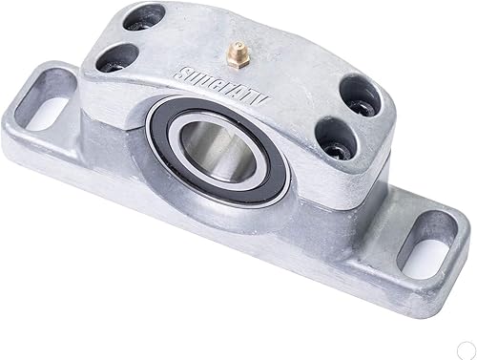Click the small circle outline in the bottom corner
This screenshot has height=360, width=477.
(464, 349)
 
